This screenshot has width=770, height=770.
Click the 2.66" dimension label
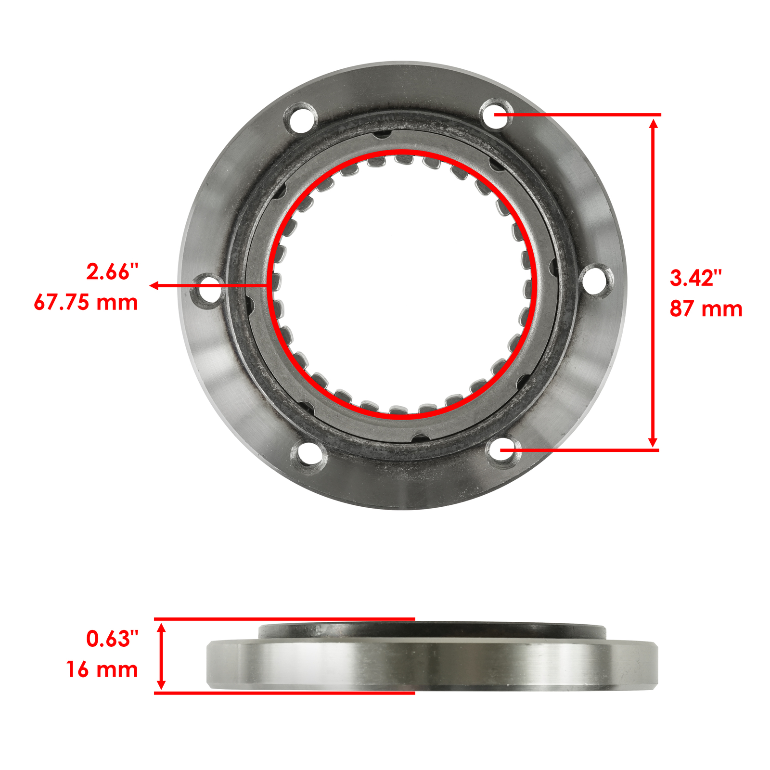coord(112,272)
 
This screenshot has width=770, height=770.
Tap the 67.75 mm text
coord(86,303)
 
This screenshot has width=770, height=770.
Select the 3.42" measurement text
coord(696,278)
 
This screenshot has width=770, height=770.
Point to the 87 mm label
coord(706,309)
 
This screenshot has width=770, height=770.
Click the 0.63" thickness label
coord(112,639)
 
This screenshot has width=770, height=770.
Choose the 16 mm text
coord(102,669)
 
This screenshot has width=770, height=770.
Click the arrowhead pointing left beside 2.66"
coord(154,285)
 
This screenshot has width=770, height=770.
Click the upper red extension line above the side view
coord(284,619)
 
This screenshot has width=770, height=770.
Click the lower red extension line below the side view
coord(284,693)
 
